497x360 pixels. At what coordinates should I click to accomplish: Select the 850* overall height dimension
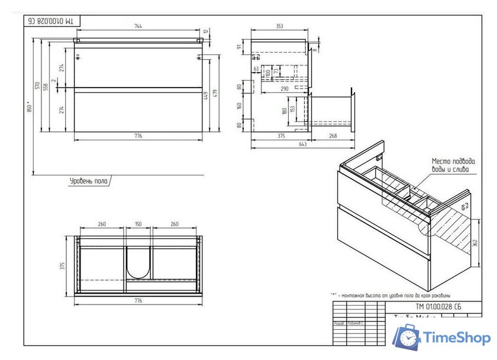[x=29, y=111]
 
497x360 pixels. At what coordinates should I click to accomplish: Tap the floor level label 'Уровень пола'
[x=89, y=181]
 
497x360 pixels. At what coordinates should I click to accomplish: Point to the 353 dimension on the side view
[x=279, y=26]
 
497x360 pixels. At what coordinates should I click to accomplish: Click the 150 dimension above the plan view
[x=138, y=224]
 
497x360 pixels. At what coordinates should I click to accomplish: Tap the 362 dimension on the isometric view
[x=475, y=243]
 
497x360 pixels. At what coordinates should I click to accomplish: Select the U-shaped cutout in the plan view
[x=138, y=262]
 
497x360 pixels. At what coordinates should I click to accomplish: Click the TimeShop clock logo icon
[x=408, y=338]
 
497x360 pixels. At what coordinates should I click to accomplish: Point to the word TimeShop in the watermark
[x=456, y=338]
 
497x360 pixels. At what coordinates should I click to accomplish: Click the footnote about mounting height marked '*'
[x=390, y=295]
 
